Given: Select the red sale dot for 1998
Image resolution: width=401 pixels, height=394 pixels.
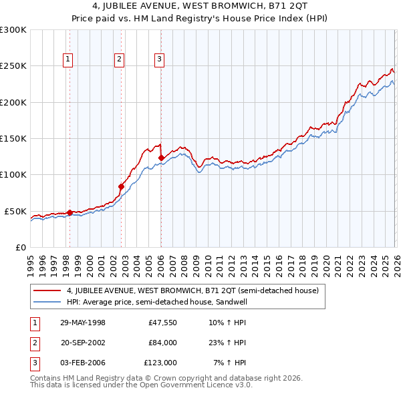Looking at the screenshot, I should pyautogui.click(x=70, y=212).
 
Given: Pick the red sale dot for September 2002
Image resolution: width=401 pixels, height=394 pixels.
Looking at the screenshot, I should pyautogui.click(x=121, y=186).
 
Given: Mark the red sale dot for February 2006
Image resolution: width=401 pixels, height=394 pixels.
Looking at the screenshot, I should pyautogui.click(x=161, y=158).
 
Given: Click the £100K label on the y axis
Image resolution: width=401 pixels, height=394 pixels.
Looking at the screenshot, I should pyautogui.click(x=13, y=175).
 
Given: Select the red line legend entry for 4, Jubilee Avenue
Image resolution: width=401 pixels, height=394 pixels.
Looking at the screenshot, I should pyautogui.click(x=193, y=290).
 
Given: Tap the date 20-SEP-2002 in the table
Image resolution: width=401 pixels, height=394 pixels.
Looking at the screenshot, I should pyautogui.click(x=83, y=343).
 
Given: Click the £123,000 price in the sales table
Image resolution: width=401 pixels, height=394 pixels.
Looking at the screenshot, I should pyautogui.click(x=161, y=363).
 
